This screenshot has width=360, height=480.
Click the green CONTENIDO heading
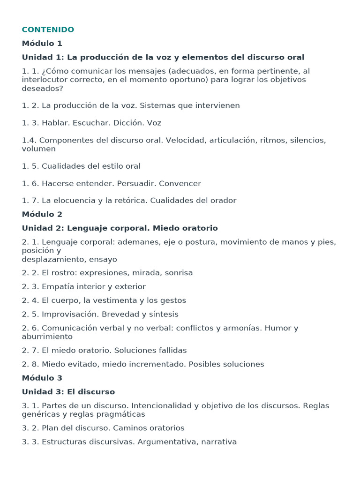pyautogui.click(x=48, y=30)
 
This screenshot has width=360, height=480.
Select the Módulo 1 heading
pyautogui.click(x=42, y=44)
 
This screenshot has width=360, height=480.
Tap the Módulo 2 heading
pyautogui.click(x=42, y=214)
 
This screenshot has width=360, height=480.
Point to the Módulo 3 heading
pyautogui.click(x=42, y=378)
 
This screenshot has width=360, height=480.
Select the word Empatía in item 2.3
pyautogui.click(x=57, y=286)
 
